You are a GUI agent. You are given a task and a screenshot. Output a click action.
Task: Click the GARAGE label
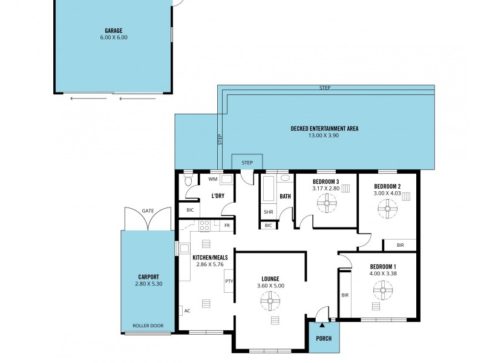tap(114, 30)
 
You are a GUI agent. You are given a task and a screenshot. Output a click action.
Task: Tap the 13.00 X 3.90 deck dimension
tap(325, 136)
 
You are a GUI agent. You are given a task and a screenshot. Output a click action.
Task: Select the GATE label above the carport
tap(148, 211)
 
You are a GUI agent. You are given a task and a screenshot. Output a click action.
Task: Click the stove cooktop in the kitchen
tap(204, 226)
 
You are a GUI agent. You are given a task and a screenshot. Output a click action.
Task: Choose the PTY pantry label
tap(229, 281)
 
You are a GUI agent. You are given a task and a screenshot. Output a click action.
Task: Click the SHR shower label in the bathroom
tap(267, 212)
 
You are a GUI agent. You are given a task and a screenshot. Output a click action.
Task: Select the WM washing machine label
tap(212, 179)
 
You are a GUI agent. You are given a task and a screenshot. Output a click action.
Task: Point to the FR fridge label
tap(227, 226)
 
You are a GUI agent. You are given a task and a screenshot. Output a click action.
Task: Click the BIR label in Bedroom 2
tap(400, 244)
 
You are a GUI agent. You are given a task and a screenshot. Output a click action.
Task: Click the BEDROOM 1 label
tap(383, 267)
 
